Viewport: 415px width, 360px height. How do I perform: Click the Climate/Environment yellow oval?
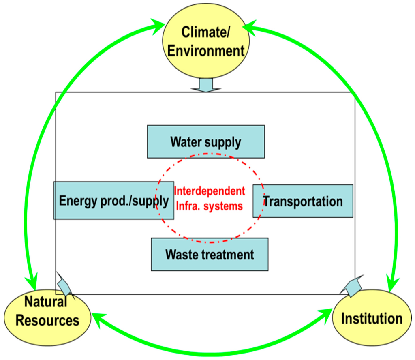[206, 41]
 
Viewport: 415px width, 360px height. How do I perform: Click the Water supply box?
[205, 141]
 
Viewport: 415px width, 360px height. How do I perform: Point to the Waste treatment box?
[210, 254]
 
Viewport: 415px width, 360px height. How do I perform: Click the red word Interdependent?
[209, 191]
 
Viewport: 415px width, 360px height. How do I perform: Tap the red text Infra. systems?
[209, 206]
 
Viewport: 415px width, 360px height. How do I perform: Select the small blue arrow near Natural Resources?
[65, 286]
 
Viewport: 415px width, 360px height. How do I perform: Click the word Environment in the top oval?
[206, 51]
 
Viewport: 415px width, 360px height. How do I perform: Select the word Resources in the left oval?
[48, 321]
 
